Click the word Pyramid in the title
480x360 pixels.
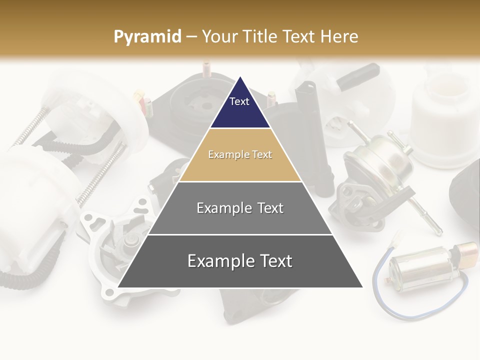tap(147, 37)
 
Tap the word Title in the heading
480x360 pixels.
tap(259, 36)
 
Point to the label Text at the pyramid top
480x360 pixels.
tap(239, 101)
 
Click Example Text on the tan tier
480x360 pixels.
tap(240, 154)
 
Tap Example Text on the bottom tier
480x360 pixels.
tap(240, 261)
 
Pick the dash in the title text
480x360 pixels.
tap(191, 36)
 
